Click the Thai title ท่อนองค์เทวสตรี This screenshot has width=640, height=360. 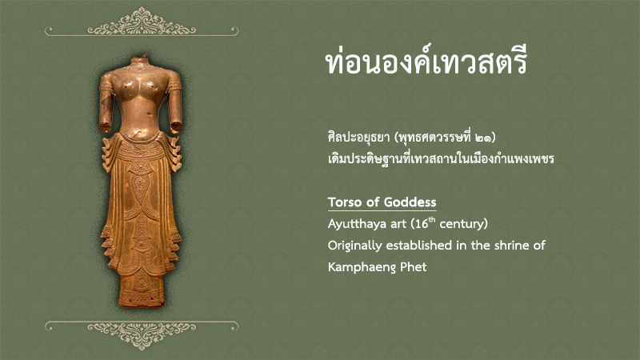(426, 62)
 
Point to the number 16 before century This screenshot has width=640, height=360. (422, 224)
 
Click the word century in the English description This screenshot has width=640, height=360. (462, 224)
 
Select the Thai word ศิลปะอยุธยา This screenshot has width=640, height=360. (358, 138)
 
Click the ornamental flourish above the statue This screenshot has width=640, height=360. (142, 22)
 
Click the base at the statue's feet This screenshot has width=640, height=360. (142, 297)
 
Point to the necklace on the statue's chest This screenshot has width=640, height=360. (141, 70)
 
